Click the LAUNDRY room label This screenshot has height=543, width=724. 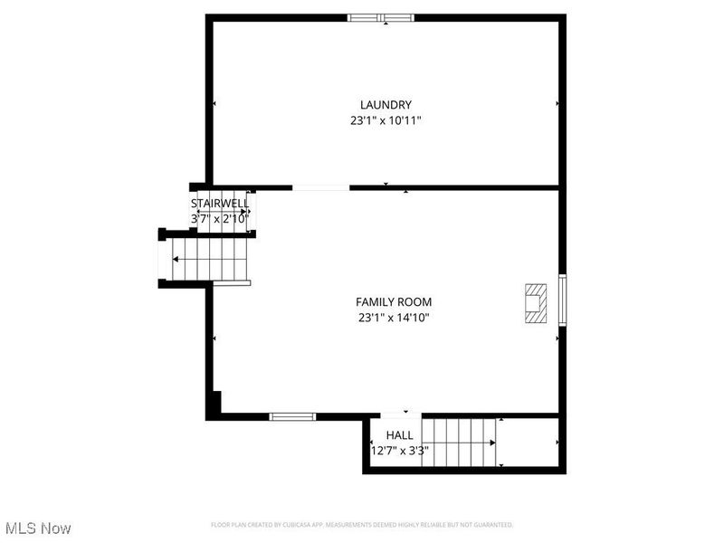386,105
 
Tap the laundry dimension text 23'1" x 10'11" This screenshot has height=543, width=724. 386,120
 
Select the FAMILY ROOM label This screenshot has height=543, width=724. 393,302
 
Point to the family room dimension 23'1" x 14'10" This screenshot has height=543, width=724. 393,318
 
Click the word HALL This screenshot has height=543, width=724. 399,435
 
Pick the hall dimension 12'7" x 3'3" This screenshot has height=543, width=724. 399,450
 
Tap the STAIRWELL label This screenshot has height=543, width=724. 219,204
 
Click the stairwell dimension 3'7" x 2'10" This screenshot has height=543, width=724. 219,218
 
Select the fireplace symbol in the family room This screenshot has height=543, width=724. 537,302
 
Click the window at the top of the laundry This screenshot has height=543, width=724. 381,16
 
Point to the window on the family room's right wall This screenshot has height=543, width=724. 562,300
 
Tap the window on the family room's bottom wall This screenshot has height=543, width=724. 292,416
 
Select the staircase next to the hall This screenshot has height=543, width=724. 462,442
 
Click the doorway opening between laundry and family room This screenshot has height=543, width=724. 320,187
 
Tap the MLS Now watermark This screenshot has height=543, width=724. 38,527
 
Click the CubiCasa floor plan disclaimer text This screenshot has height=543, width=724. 362,525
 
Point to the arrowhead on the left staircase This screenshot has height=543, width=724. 176,261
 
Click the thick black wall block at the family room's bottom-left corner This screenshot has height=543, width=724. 214,405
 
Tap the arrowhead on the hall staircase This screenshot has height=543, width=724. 492,443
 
